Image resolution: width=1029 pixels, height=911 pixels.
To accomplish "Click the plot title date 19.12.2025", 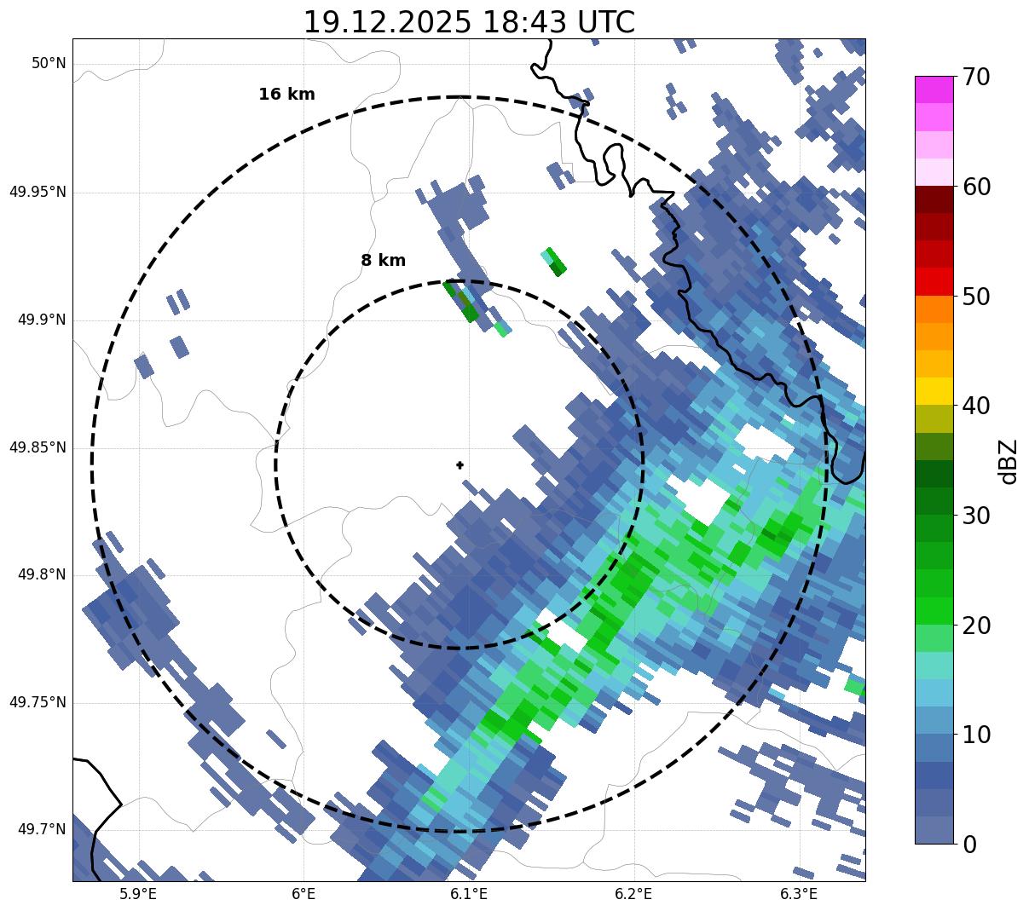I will pos(386,22).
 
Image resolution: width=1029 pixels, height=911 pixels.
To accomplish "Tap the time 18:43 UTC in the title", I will pos(559,22).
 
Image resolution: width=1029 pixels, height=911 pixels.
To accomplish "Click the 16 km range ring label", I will pos(286,95).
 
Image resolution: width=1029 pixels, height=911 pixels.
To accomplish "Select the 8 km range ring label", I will pos(383,261).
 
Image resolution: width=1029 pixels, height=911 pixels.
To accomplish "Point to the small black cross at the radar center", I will pos(460,464).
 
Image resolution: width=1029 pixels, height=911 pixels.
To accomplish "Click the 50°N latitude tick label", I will pos(49,64).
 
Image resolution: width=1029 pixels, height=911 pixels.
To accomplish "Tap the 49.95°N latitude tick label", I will pos(38,192).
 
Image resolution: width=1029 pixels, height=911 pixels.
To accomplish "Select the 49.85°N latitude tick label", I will pos(38,447).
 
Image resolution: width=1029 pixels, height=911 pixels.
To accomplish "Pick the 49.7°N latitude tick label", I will pos(41,830).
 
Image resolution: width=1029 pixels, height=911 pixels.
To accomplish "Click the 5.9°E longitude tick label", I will pos(137,894).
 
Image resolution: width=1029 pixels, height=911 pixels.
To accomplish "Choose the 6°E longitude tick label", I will pos(303,894).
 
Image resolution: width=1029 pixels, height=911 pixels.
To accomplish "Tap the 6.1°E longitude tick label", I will pos(468,894).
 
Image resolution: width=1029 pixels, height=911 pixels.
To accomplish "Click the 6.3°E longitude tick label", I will pos(799,894).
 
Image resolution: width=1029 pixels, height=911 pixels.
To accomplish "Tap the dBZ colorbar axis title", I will pos(1009,461).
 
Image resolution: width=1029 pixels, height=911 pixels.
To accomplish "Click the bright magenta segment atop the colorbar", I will pos(934,89).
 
